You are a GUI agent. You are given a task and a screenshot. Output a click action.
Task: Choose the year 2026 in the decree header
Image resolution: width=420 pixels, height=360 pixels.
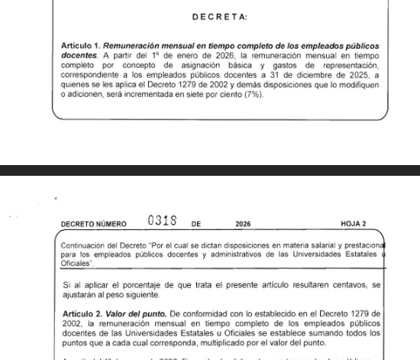[x=243, y=225]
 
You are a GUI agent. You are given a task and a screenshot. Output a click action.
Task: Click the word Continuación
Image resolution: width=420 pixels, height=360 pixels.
[x=83, y=245]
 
